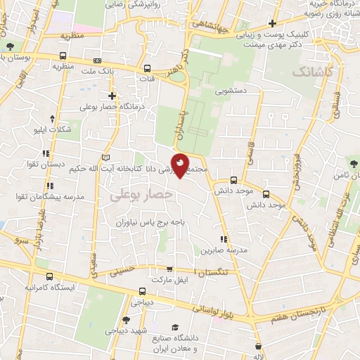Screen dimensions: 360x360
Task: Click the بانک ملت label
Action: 97,71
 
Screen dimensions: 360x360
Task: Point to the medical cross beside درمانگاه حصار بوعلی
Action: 112,96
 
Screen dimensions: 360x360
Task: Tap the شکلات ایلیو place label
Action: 53,129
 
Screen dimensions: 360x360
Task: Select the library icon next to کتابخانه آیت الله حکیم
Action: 106,157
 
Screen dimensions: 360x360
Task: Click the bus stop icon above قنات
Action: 147,69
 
